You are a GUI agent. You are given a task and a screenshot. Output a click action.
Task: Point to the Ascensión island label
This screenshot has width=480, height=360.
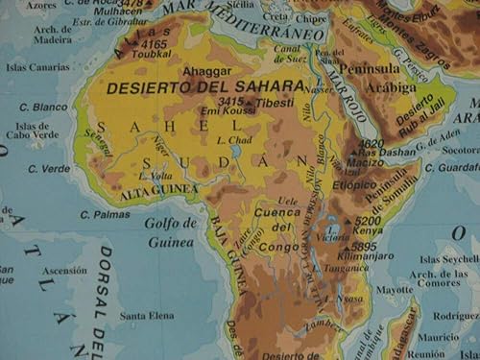pos(66,270)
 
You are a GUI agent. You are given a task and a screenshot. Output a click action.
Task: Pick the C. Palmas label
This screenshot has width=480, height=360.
pos(105,214)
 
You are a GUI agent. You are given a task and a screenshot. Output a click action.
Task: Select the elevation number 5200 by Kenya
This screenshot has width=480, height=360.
pos(367,220)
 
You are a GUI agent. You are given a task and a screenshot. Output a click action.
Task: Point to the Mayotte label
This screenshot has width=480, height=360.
pos(394,289)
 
